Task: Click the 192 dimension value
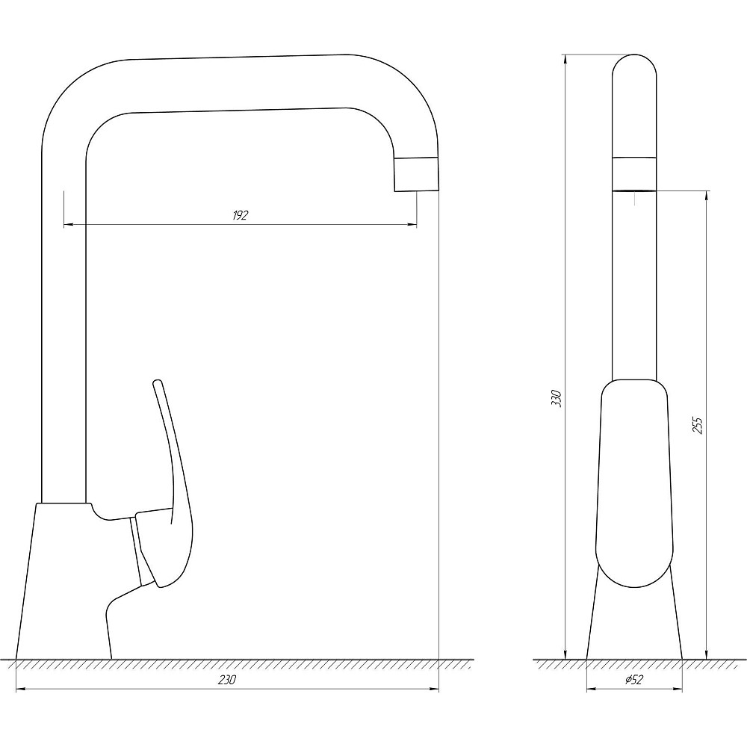(x=241, y=215)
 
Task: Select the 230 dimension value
(x=227, y=680)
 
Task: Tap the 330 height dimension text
(x=557, y=398)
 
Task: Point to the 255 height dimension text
(x=697, y=425)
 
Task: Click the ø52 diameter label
(x=633, y=680)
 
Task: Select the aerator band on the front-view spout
(x=634, y=174)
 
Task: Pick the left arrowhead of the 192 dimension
(x=68, y=224)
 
